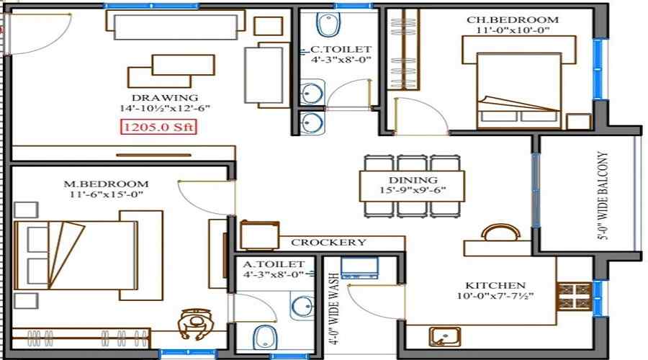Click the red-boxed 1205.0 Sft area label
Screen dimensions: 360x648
[x=158, y=127]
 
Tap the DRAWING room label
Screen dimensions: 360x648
[x=164, y=97]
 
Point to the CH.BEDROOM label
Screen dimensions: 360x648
[x=517, y=19]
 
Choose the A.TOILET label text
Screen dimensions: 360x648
[x=274, y=264]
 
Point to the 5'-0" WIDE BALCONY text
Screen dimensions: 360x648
[x=603, y=195]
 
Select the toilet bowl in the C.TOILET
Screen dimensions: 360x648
[x=329, y=26]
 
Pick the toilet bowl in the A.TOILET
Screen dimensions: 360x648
[x=265, y=338]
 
